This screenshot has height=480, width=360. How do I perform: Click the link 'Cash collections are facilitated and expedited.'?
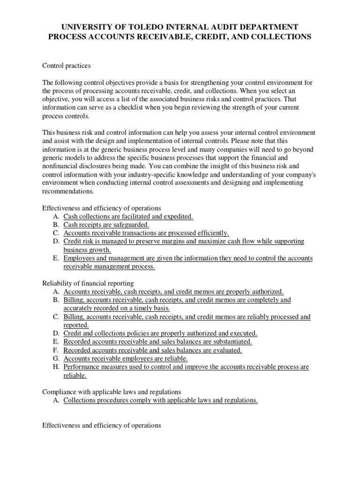click(128, 216)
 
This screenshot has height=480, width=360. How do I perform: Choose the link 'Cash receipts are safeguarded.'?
click(106, 225)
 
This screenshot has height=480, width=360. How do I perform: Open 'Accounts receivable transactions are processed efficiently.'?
click(146, 233)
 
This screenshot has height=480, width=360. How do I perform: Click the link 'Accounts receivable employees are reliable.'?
click(125, 359)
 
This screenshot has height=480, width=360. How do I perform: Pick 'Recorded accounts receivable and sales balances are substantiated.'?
click(157, 342)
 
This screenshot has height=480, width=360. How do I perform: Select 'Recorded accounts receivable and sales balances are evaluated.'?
click(153, 350)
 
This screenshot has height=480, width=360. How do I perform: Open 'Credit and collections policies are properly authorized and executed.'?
click(160, 333)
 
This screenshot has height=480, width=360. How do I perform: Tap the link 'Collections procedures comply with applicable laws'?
click(160, 400)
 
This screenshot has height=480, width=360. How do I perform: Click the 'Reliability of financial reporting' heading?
click(88, 283)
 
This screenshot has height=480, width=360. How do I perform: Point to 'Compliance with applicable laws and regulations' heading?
click(112, 392)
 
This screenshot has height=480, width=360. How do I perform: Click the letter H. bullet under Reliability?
click(56, 367)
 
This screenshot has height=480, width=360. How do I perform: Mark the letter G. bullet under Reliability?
click(56, 359)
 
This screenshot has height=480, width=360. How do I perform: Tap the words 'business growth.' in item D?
click(87, 250)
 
